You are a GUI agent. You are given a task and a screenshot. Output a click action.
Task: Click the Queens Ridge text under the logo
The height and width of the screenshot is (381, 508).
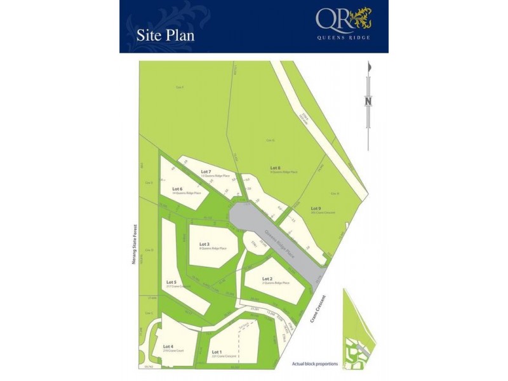(x=344, y=37)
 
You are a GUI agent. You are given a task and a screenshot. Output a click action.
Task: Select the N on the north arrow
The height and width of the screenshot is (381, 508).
(x=368, y=100)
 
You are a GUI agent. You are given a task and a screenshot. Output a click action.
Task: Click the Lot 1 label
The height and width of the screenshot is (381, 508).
(x=217, y=352)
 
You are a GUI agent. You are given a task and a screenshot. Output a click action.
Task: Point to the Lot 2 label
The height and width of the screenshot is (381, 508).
(x=267, y=279)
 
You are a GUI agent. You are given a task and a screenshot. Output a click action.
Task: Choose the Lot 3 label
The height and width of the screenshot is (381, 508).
(x=204, y=244)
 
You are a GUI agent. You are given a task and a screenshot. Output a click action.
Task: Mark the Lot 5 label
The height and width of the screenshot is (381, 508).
(x=171, y=282)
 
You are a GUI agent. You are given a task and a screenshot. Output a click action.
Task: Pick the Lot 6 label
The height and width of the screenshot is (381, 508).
(x=178, y=189)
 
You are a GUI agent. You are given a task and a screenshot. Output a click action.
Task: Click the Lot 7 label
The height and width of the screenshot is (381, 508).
(x=205, y=171)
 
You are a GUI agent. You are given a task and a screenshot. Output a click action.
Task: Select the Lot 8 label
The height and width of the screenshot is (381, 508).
(x=276, y=168)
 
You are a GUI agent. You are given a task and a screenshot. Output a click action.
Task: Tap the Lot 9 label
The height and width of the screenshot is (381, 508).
(x=316, y=208)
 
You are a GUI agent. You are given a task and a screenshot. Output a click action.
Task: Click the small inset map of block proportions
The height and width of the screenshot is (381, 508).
(x=359, y=327)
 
